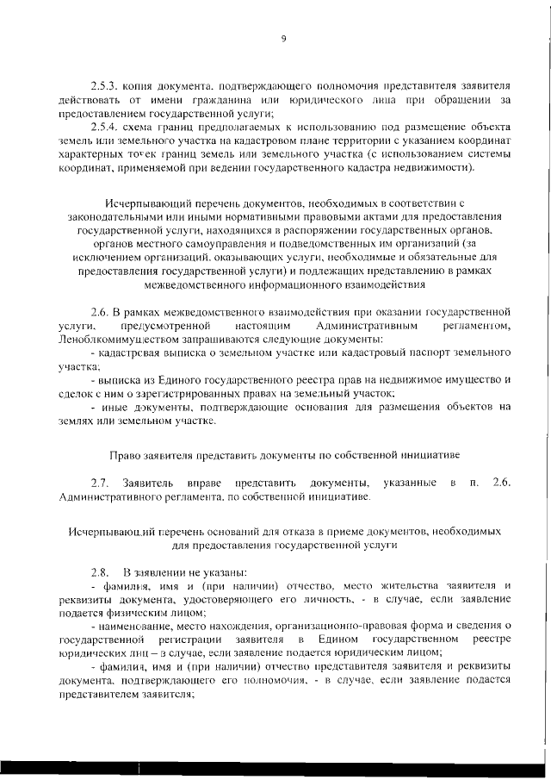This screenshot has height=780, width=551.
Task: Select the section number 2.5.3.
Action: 107,88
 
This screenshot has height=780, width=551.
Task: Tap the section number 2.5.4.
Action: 107,127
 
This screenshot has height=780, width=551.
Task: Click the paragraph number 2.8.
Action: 101,573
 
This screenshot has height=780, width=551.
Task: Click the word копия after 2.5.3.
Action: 145,88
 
